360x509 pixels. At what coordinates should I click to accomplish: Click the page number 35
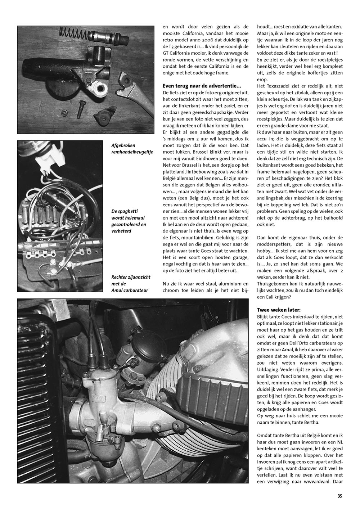[339, 496]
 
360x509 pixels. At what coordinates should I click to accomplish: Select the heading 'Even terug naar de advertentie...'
[202, 86]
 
